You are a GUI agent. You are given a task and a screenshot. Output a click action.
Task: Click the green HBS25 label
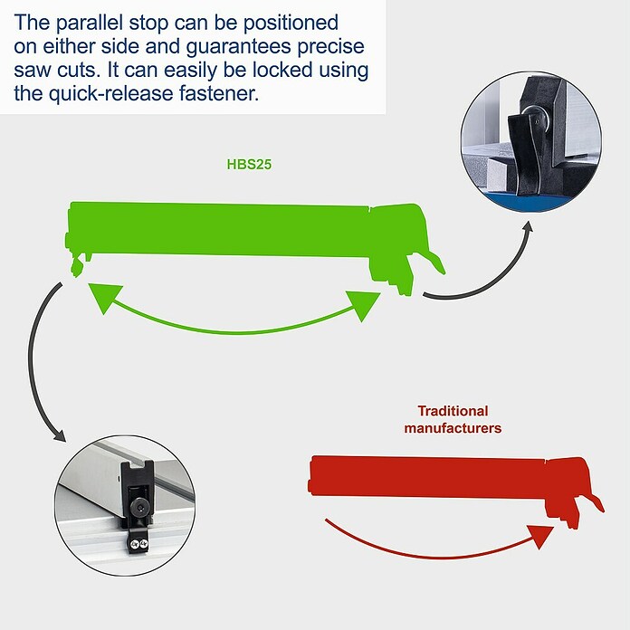249,165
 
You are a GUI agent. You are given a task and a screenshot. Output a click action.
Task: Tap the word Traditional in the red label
453,411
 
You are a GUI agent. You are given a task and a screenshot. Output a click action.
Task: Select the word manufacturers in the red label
453,428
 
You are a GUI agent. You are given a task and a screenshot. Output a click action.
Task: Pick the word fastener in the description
219,93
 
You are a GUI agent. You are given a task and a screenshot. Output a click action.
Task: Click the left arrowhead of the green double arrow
104,297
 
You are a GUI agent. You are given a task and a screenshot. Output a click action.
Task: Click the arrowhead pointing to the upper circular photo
529,225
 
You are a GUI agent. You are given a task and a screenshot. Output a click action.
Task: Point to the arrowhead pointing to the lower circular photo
60,435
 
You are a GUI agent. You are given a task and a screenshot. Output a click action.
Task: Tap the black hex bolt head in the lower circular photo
139,509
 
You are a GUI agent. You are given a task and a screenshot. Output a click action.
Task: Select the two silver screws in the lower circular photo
138,544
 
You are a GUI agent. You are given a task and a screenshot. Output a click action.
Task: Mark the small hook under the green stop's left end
77,267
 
